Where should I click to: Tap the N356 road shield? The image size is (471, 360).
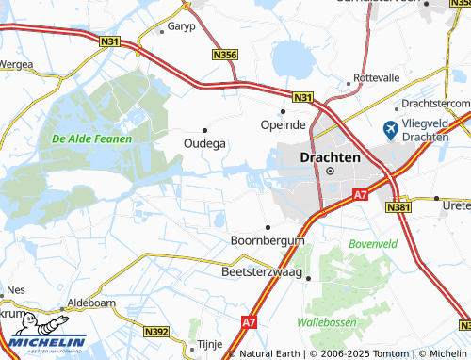[225, 57]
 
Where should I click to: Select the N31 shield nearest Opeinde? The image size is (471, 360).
[301, 97]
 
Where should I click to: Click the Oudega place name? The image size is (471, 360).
[203, 143]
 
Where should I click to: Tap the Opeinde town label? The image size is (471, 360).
[283, 124]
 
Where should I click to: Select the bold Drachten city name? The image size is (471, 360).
[330, 157]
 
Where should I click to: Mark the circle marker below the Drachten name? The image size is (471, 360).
[330, 171]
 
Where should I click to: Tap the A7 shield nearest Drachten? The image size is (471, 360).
[360, 194]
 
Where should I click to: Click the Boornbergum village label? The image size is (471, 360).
[268, 241]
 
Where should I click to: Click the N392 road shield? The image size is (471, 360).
[157, 332]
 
